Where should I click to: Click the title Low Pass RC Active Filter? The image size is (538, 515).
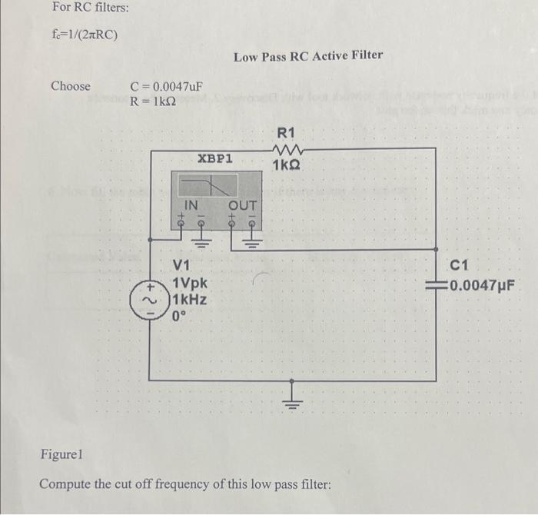pyautogui.click(x=307, y=56)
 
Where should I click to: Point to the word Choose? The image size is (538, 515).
pyautogui.click(x=70, y=86)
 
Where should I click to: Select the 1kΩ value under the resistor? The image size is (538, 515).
pyautogui.click(x=287, y=165)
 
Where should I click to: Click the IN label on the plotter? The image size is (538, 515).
pyautogui.click(x=191, y=205)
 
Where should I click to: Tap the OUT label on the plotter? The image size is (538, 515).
pyautogui.click(x=242, y=205)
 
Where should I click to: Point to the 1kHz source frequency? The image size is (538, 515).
pyautogui.click(x=190, y=299)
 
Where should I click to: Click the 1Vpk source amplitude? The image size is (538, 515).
pyautogui.click(x=191, y=283)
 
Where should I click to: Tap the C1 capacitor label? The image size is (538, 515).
pyautogui.click(x=459, y=267)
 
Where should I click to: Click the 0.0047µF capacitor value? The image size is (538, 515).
pyautogui.click(x=477, y=287)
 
